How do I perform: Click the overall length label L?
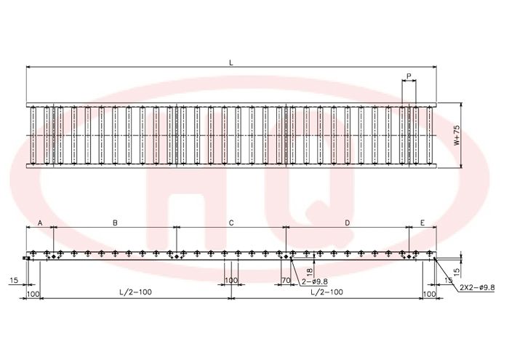[x=231, y=63]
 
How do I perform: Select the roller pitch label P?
[x=409, y=76]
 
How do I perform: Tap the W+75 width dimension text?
[x=457, y=135]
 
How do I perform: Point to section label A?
[x=40, y=223]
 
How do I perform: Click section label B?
[x=115, y=223]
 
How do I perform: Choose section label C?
[x=231, y=223]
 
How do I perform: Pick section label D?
[x=347, y=223]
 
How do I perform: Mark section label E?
[x=422, y=223]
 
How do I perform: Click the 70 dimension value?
[x=286, y=280]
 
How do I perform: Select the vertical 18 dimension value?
[x=309, y=271]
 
